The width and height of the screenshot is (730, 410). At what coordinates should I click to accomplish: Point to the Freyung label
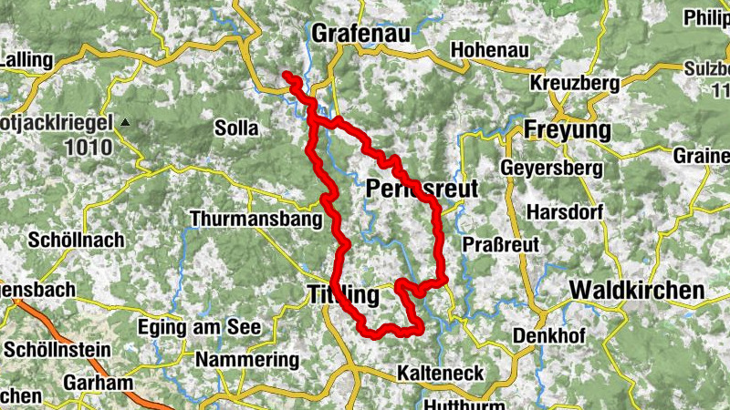(x=567, y=130)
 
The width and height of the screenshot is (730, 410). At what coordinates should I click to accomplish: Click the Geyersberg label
(x=551, y=169)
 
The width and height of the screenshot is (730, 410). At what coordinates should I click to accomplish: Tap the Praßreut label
(x=502, y=244)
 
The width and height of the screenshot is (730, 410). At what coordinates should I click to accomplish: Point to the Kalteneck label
(x=441, y=374)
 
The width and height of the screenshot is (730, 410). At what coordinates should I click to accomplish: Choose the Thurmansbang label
(x=256, y=219)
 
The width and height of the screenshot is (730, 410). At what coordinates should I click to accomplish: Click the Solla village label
(x=237, y=128)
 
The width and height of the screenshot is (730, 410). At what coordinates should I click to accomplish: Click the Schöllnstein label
(x=57, y=349)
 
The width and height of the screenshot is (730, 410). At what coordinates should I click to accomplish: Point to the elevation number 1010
(x=89, y=147)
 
